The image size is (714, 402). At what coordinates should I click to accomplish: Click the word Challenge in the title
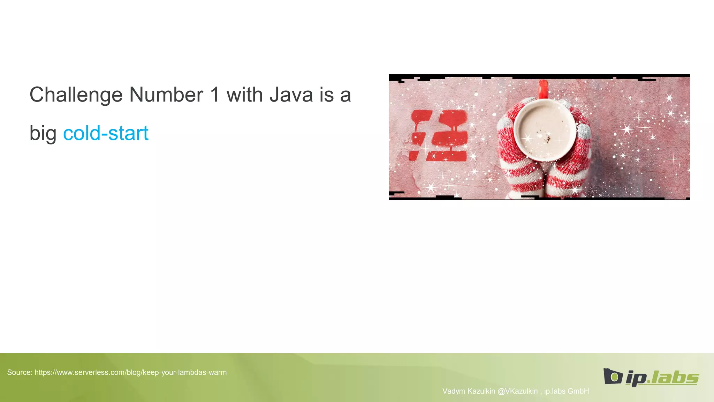pos(76,95)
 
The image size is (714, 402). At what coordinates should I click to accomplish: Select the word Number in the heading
pos(166,95)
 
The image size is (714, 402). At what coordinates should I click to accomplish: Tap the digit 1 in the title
pos(215,95)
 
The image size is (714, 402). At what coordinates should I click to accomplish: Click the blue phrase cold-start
pos(106,133)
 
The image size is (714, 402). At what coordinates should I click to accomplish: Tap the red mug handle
pos(543,89)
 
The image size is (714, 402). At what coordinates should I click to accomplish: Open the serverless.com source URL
pos(130,372)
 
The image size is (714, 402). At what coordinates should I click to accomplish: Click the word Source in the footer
pos(19,372)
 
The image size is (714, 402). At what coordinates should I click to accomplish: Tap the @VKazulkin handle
pos(517,391)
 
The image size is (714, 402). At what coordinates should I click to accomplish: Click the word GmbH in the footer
pos(578,391)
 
